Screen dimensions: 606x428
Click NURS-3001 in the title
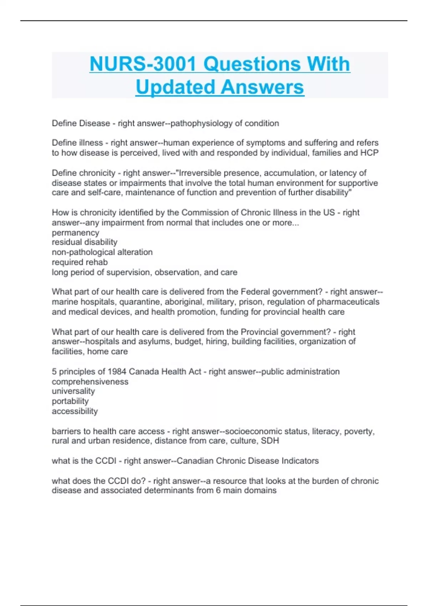[143, 64]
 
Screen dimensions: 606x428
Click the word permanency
[75, 233]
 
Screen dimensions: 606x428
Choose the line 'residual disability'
[85, 242]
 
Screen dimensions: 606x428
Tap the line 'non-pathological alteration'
[102, 252]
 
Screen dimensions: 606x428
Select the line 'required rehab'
[80, 262]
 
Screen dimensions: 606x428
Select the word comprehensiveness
[90, 382]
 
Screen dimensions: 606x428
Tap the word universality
[73, 391]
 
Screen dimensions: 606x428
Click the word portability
[70, 401]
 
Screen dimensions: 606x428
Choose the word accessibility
[75, 411]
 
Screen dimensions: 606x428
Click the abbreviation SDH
[270, 441]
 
